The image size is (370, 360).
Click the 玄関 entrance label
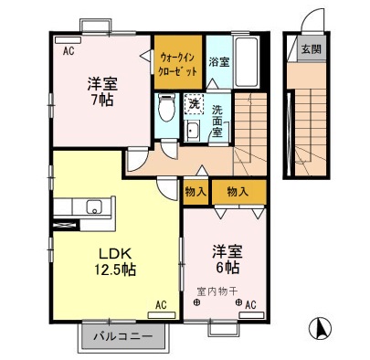pyautogui.click(x=311, y=50)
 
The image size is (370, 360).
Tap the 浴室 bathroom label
pyautogui.click(x=218, y=64)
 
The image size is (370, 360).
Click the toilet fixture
pyautogui.click(x=164, y=108)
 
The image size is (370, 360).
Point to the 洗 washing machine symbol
pyautogui.click(x=194, y=104)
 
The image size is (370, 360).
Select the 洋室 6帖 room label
pyautogui.click(x=225, y=258)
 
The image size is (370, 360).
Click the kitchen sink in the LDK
pyautogui.click(x=93, y=206)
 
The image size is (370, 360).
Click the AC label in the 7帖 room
pyautogui.click(x=68, y=52)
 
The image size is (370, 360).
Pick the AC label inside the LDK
pyautogui.click(x=162, y=305)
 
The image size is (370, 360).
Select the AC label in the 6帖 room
pyautogui.click(x=249, y=305)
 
